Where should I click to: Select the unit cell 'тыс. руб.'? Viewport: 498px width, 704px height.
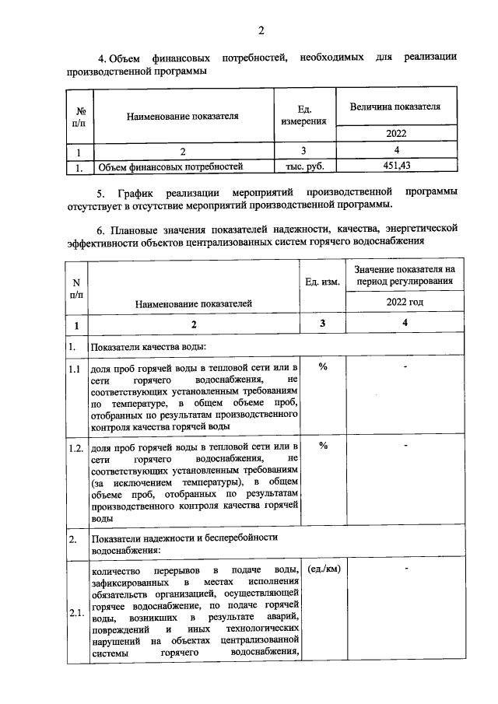pos(305,166)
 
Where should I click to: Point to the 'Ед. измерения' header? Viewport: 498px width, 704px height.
pos(305,117)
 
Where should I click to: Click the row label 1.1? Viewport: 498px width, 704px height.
pos(75,369)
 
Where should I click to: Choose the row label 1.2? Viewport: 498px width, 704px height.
pos(76,449)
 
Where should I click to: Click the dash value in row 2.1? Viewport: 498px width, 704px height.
pos(405,569)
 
